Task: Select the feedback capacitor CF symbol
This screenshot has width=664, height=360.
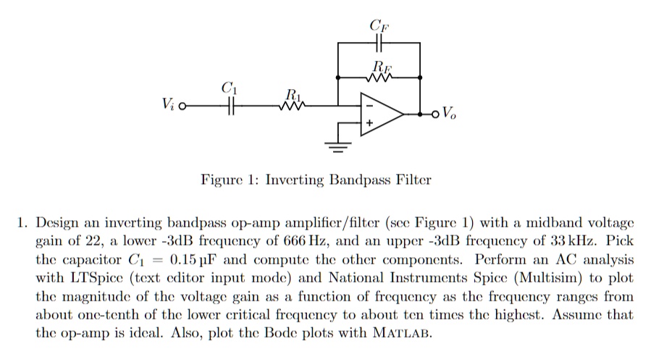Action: tap(379, 42)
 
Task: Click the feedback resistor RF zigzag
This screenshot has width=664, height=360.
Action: tap(379, 76)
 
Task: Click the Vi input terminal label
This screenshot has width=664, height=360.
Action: tap(169, 109)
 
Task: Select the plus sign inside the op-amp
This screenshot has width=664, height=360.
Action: tap(369, 125)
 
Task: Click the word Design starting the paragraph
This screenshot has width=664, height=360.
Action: tap(56, 221)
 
